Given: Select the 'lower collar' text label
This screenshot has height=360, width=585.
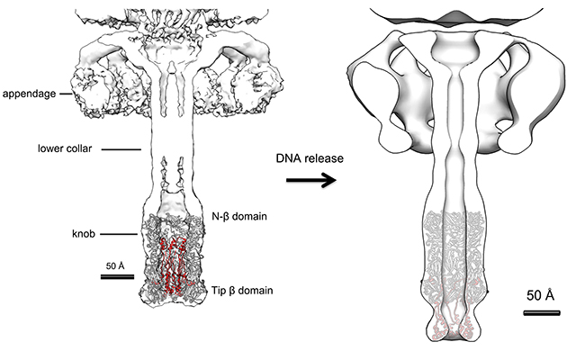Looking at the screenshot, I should pos(67,148).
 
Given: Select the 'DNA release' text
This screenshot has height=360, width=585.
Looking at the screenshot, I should pos(304,158).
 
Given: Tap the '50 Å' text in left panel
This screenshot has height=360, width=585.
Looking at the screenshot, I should pos(118,266).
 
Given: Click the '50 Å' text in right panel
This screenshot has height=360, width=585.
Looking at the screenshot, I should pos(540,295).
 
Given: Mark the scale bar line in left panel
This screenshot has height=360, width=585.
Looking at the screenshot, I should pos(118,277).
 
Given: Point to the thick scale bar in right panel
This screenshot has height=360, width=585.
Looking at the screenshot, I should pos(541,312).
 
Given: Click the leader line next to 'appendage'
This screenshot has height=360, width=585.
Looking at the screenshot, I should pos(65,93).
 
